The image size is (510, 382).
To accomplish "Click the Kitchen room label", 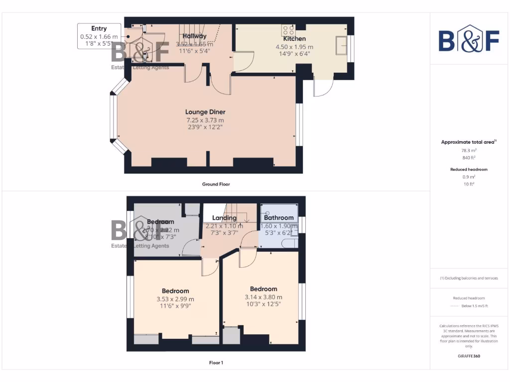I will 294,39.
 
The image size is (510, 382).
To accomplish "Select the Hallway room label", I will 194,36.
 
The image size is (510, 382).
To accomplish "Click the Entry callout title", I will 99,29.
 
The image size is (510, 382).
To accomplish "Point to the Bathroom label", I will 279,217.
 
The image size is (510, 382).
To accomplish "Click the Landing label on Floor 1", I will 224,218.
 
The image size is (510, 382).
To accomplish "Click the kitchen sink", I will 342,45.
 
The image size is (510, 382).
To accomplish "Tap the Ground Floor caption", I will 216,184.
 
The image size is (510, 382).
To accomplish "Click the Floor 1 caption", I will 216,363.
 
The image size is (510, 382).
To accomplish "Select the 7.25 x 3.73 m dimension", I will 205,120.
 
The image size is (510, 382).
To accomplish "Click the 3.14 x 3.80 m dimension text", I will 263,297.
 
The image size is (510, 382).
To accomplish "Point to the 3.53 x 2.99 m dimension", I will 175,299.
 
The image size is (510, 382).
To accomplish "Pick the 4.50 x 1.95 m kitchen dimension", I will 294,47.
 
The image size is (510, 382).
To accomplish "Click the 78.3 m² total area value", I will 469,150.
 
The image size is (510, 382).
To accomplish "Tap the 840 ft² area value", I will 469,157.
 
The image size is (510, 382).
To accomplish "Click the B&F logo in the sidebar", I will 469,41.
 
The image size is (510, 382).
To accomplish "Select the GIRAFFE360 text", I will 469,356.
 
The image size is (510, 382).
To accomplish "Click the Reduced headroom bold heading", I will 469,170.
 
